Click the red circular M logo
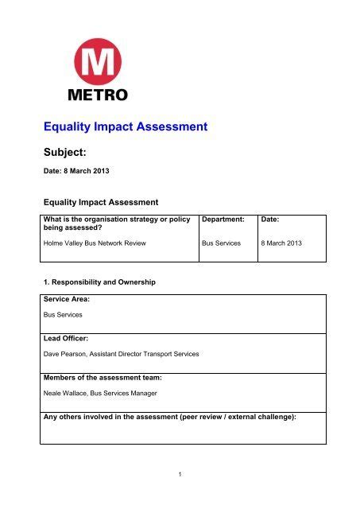100,61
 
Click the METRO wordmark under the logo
100,94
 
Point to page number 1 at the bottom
180,475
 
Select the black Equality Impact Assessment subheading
101,202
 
